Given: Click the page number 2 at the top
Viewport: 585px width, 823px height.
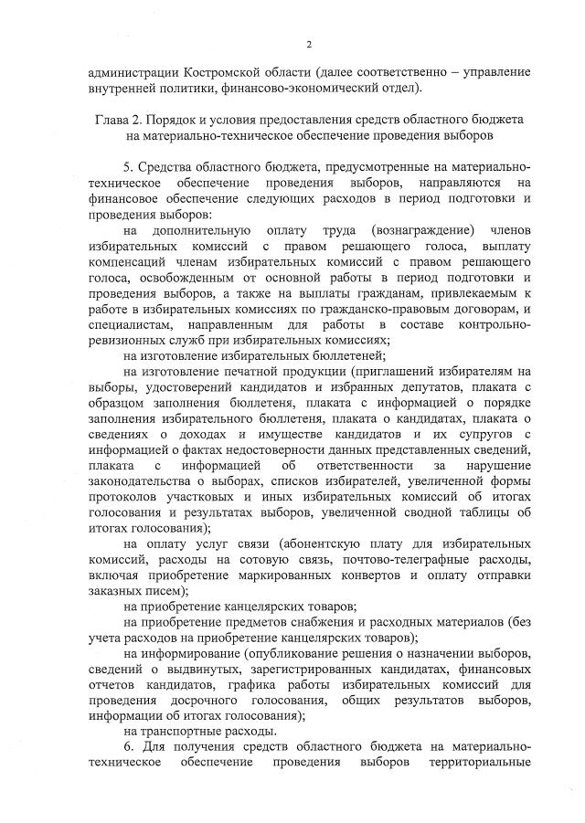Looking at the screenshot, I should (309, 44).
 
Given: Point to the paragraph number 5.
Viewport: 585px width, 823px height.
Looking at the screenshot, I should (126, 167).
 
